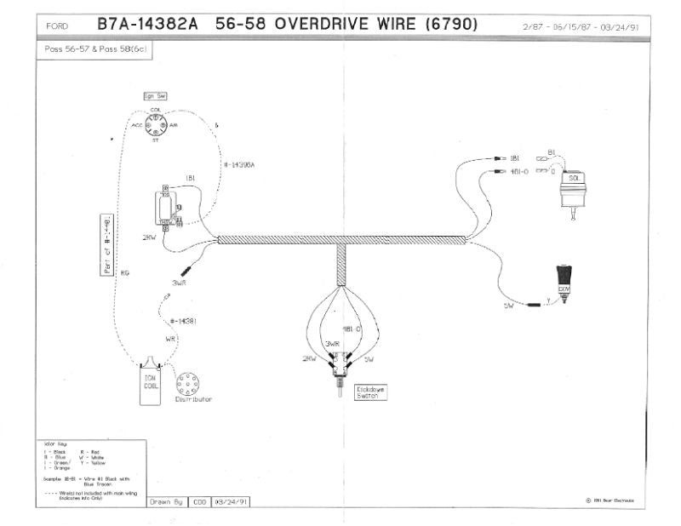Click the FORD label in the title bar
click(57, 26)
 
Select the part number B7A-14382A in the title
click(147, 25)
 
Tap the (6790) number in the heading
click(449, 25)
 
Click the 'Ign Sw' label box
click(155, 97)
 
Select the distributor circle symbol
click(187, 380)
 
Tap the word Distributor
click(193, 399)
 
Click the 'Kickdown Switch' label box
click(372, 392)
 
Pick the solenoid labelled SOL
click(574, 189)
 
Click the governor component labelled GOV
click(564, 282)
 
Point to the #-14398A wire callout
click(240, 165)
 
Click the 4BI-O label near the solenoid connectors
click(518, 172)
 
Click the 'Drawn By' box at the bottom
click(166, 501)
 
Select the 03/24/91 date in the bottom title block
click(232, 501)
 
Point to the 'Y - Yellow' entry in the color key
click(94, 462)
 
